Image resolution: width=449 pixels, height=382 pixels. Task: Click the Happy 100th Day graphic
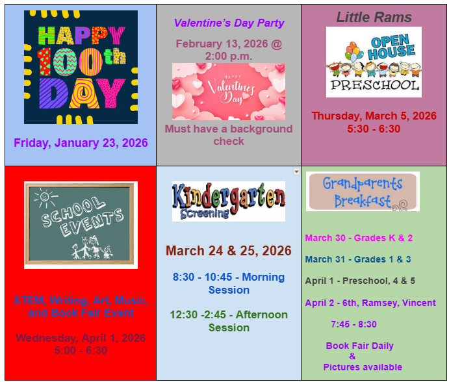[x=81, y=67]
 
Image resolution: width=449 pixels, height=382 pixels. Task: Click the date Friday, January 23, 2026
[x=81, y=143]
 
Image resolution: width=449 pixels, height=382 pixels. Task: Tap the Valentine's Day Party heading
[x=229, y=23]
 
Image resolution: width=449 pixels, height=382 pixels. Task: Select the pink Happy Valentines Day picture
[x=228, y=92]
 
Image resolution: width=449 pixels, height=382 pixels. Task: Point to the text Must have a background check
[x=229, y=135]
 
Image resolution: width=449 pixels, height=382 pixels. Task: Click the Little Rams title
[x=374, y=18]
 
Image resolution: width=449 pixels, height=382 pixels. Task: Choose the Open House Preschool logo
[x=374, y=62]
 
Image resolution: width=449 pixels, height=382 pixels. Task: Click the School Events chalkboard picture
[x=81, y=225]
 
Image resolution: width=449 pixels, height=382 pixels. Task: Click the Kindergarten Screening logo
[x=228, y=201]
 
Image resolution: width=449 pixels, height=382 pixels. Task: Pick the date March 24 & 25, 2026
[x=228, y=251]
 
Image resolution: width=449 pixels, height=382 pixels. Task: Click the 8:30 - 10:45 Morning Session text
[x=229, y=283]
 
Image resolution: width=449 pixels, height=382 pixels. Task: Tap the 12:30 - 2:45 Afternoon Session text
[x=229, y=321]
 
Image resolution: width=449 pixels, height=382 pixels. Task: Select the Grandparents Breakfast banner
[x=363, y=192]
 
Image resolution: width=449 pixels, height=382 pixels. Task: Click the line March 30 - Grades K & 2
[x=359, y=238]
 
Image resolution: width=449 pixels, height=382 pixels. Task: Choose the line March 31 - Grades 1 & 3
[x=358, y=259]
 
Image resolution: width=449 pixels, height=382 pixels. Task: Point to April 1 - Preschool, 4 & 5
[x=360, y=281]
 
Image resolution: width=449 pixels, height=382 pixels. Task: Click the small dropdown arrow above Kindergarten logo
[x=296, y=172]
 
